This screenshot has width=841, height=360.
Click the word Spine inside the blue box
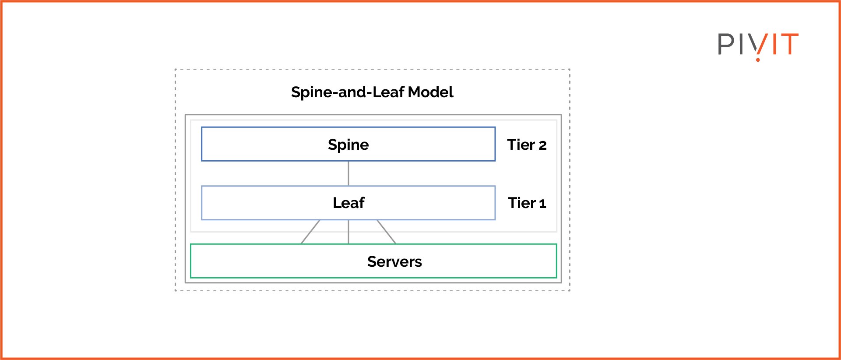348,145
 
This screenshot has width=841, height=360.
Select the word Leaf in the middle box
348,203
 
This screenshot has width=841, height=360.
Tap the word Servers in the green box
394,261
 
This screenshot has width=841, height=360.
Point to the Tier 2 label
527,145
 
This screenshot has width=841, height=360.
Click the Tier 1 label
527,203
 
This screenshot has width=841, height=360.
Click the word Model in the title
430,92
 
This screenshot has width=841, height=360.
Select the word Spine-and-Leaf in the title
348,92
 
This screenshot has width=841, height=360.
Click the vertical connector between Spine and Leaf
348,173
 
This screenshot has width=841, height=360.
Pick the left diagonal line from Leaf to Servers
310,232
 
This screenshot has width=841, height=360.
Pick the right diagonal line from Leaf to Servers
387,232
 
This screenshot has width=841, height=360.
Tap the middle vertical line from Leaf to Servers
348,232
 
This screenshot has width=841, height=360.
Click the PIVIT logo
758,45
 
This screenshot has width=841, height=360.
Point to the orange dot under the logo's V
758,59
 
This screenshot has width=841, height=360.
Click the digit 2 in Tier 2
542,145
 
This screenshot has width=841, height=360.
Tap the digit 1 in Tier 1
542,204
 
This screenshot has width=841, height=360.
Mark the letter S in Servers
372,261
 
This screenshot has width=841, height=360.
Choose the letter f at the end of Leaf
361,202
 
